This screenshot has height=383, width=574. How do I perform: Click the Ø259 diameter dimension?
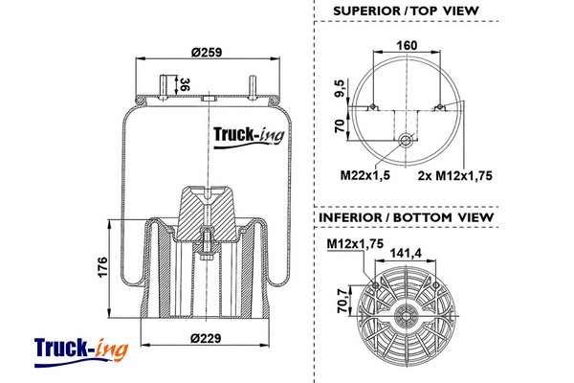pyautogui.click(x=206, y=51)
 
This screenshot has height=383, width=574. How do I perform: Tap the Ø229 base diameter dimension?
pyautogui.click(x=206, y=337)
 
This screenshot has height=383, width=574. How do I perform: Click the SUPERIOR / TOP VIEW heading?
pyautogui.click(x=406, y=11)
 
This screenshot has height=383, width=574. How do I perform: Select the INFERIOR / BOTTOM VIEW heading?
pyautogui.click(x=406, y=217)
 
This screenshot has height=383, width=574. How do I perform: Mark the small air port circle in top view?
pyautogui.click(x=408, y=141)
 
